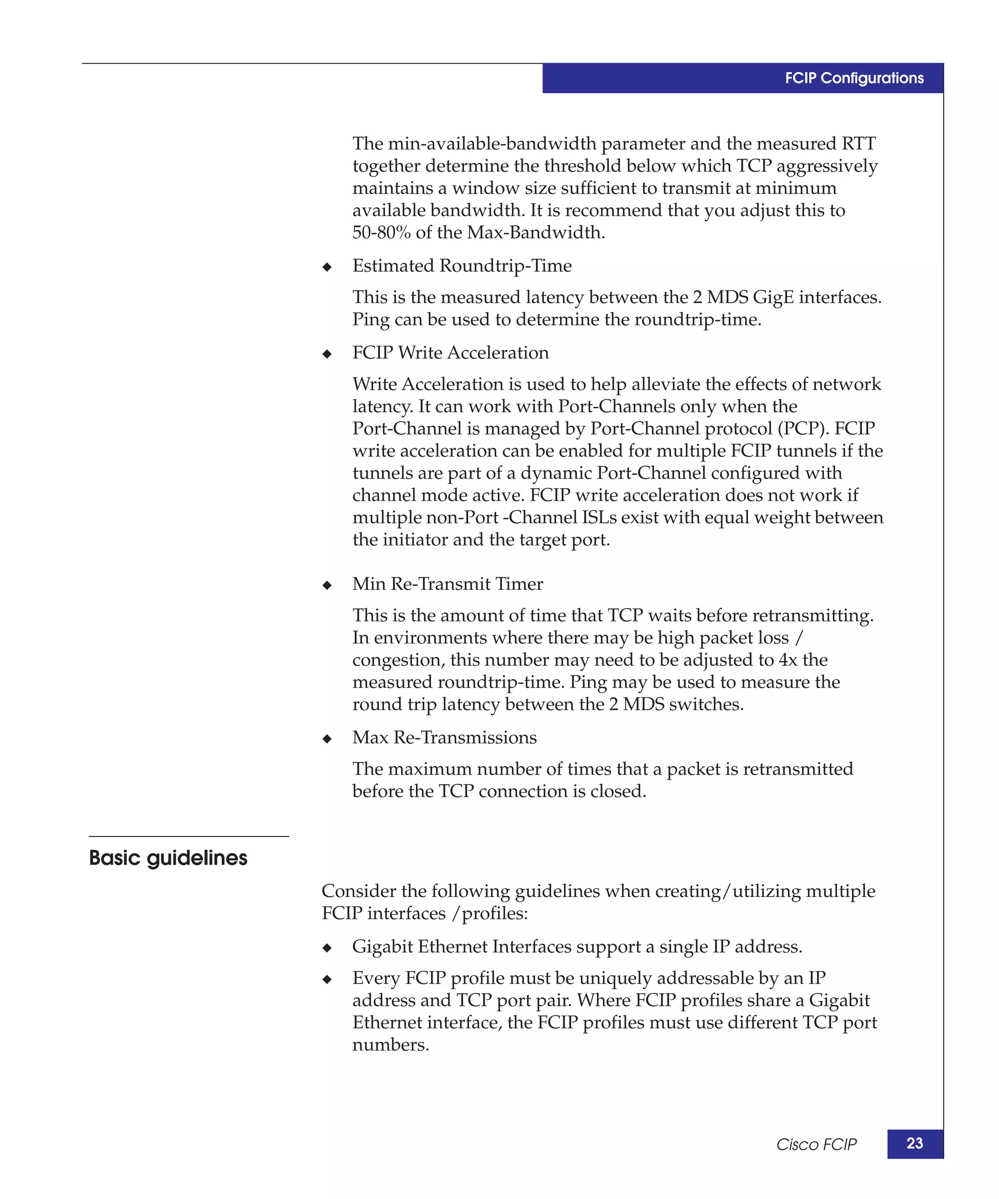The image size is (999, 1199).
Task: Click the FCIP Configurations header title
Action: tap(854, 78)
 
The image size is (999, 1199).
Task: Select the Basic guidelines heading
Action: tap(168, 858)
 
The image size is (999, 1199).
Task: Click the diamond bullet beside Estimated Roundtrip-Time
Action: tap(327, 267)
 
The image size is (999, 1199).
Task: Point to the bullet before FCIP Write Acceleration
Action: tap(327, 354)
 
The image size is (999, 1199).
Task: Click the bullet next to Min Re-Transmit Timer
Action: tap(327, 585)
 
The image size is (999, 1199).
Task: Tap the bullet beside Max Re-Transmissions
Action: tap(327, 739)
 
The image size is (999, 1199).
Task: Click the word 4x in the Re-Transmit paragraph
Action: tap(787, 660)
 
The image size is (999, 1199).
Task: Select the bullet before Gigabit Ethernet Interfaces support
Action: tap(327, 948)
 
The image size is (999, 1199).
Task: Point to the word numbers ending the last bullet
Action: tap(390, 1045)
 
